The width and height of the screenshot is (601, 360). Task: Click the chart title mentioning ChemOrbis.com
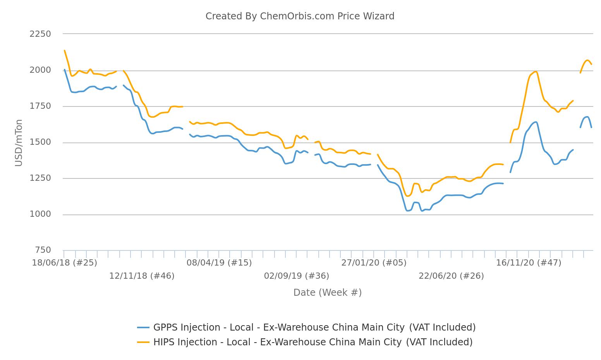300,16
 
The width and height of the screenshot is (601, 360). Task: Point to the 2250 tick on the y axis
40,34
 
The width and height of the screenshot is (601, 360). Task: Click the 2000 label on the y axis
40,70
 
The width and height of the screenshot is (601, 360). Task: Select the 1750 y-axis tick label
40,106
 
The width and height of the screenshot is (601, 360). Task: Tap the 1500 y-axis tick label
40,142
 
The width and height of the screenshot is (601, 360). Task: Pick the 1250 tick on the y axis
40,178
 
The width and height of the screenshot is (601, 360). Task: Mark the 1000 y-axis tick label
40,214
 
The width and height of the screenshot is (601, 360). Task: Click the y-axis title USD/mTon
19,143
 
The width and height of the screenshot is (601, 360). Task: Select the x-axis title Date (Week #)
327,293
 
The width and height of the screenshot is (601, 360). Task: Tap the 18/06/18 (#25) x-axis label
64,263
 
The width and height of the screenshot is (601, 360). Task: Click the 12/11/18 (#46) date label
142,276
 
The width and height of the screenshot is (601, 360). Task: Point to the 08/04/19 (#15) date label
219,263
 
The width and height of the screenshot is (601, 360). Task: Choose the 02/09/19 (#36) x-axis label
297,276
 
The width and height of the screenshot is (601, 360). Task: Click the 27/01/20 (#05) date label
374,263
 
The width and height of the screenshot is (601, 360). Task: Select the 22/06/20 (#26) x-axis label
451,276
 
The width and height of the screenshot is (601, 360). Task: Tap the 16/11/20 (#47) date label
529,263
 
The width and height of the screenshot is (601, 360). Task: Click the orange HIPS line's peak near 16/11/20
536,72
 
